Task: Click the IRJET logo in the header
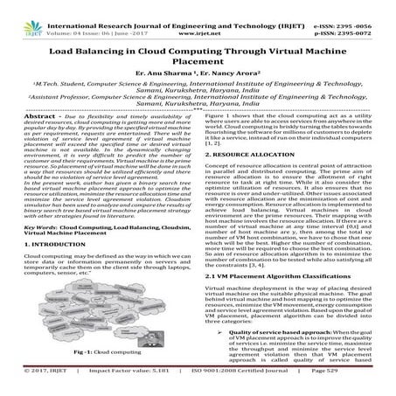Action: [19, 13]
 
